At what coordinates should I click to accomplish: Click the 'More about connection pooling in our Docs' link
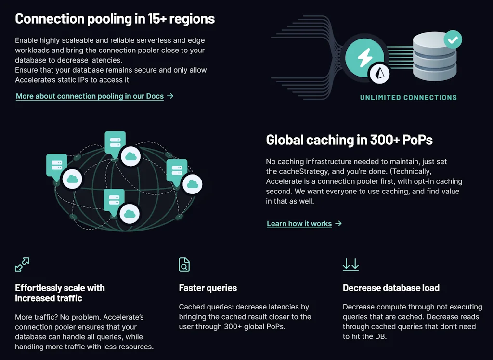(x=90, y=96)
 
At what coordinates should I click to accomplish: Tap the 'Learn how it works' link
(x=299, y=224)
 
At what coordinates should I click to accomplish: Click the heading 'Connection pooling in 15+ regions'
(x=115, y=19)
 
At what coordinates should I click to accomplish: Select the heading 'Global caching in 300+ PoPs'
(x=349, y=140)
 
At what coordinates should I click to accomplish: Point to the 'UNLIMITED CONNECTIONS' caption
(x=408, y=98)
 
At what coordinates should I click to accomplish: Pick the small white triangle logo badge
(x=379, y=73)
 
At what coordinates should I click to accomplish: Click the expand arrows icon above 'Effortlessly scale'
(x=22, y=265)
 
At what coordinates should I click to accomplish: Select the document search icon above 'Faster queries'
(x=184, y=265)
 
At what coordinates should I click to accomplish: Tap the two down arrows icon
(x=350, y=265)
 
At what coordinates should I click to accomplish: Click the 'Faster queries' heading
(x=208, y=288)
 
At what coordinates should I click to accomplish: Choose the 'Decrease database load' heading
(x=391, y=288)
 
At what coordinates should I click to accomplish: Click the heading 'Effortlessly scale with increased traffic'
(x=60, y=293)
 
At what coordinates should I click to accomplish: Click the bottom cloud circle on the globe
(x=129, y=213)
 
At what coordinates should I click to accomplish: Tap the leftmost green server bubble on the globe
(x=56, y=165)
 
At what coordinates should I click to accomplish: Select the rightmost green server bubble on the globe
(x=177, y=170)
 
